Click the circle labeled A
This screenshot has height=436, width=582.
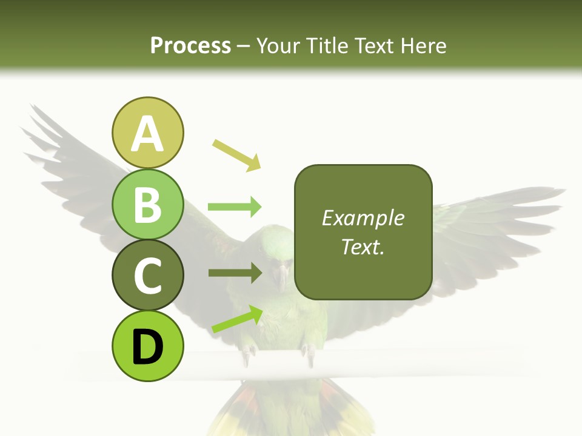click(147, 133)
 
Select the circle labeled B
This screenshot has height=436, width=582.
click(147, 204)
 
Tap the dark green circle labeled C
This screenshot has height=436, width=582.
click(147, 275)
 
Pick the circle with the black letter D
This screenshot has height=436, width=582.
click(147, 346)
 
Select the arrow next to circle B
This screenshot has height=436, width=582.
click(235, 207)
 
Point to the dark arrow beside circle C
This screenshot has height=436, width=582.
click(235, 273)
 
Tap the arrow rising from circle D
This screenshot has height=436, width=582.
click(237, 319)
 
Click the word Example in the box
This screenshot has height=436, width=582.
click(363, 218)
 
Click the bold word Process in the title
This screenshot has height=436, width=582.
click(190, 45)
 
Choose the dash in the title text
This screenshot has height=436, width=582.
click(244, 46)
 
